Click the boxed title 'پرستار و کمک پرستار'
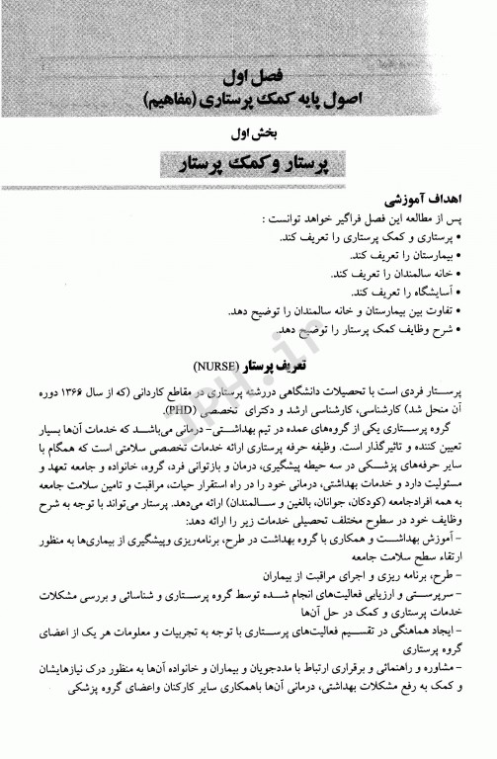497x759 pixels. coord(248,161)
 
